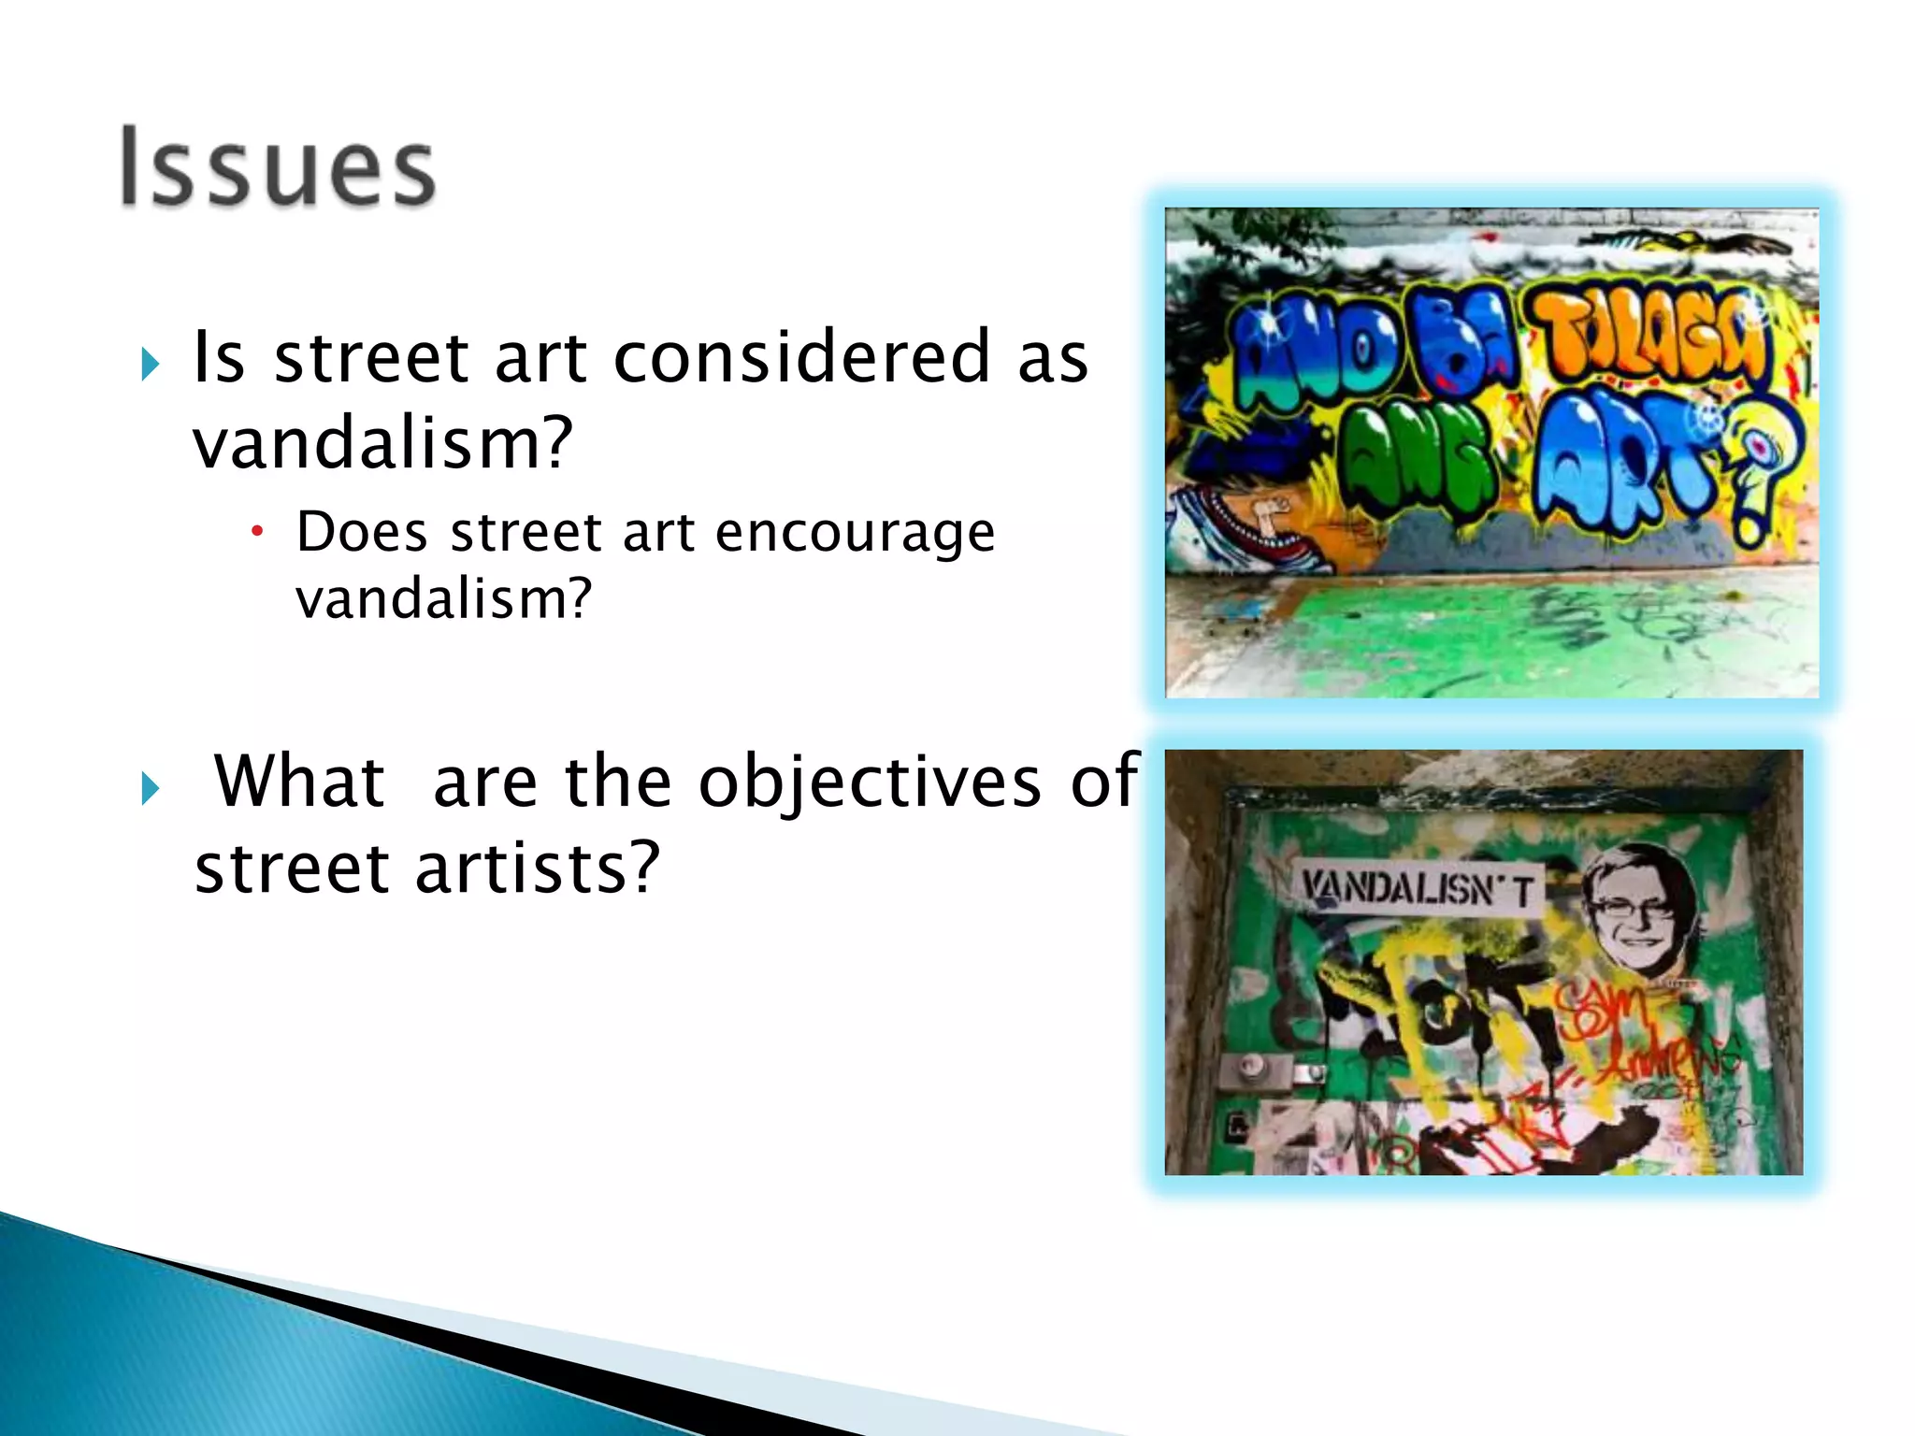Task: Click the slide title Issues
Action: [278, 168]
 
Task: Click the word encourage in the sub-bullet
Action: [855, 533]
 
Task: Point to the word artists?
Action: [537, 868]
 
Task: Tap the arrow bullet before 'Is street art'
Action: [151, 364]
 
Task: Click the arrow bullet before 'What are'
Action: [151, 788]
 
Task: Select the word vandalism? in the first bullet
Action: [382, 443]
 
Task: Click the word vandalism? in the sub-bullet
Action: [443, 598]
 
